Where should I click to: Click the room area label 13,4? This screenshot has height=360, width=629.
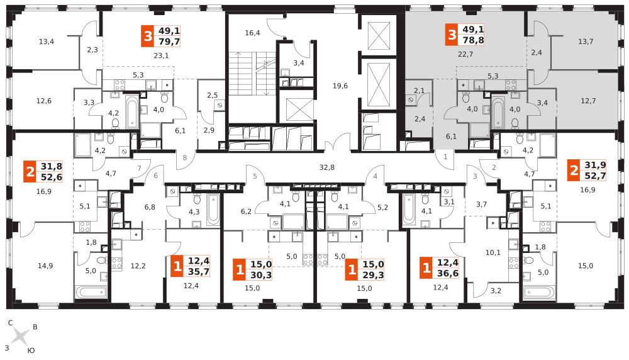pyautogui.click(x=47, y=42)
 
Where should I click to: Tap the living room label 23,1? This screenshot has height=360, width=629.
pyautogui.click(x=161, y=55)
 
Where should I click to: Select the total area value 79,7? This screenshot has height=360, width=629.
pyautogui.click(x=169, y=42)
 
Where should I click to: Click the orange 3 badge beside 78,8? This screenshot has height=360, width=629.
pyautogui.click(x=452, y=35)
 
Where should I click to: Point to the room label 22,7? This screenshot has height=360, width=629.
pyautogui.click(x=465, y=54)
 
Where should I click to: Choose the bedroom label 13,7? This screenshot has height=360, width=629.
pyautogui.click(x=586, y=42)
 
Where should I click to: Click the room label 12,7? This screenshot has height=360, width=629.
pyautogui.click(x=588, y=101)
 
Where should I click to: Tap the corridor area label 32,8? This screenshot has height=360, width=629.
pyautogui.click(x=327, y=167)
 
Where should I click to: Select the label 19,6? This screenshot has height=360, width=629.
pyautogui.click(x=340, y=86)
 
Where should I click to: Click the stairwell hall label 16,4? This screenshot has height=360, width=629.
pyautogui.click(x=252, y=33)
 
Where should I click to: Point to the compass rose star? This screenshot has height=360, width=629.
pyautogui.click(x=20, y=337)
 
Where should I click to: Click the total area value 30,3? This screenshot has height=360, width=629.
pyautogui.click(x=261, y=274)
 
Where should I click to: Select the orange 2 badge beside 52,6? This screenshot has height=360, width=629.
pyautogui.click(x=30, y=172)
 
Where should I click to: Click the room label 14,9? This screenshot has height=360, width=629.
pyautogui.click(x=45, y=266)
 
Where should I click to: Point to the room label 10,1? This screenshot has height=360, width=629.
pyautogui.click(x=493, y=253)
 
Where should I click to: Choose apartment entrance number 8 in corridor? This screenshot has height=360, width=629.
pyautogui.click(x=185, y=158)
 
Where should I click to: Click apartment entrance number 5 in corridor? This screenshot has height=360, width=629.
pyautogui.click(x=255, y=176)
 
